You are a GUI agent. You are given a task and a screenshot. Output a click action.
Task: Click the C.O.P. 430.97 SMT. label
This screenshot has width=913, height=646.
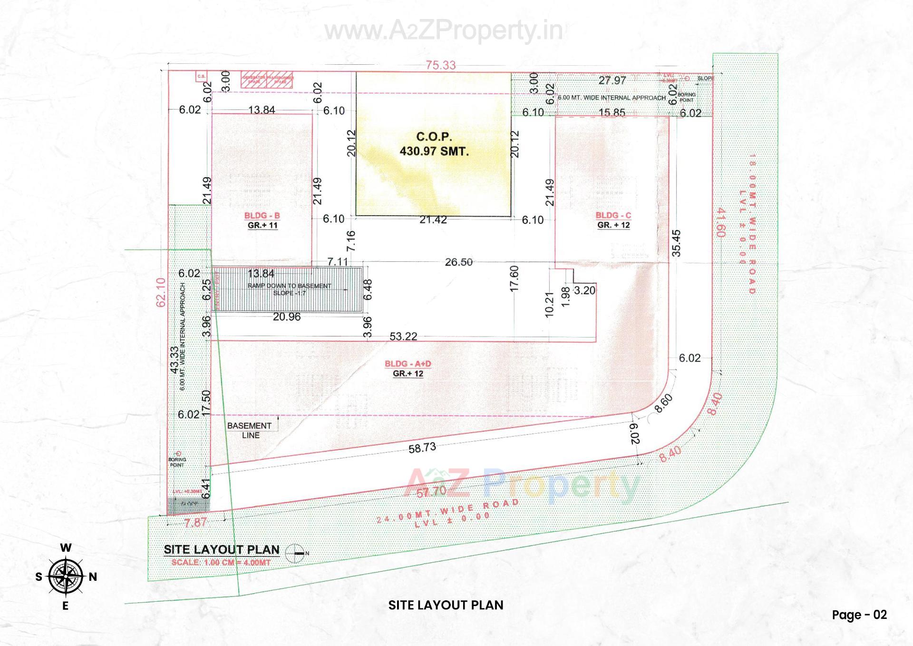(x=434, y=144)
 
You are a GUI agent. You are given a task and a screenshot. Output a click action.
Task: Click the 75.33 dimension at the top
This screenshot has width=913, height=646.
(x=440, y=65)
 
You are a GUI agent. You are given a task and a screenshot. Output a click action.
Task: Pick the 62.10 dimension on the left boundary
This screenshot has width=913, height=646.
(x=161, y=292)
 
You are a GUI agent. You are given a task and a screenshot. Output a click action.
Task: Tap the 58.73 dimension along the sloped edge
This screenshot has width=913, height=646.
(x=422, y=448)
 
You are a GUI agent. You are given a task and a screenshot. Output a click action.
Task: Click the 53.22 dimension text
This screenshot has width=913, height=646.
(x=403, y=337)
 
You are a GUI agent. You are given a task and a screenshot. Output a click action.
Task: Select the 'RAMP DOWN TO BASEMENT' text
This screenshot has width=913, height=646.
(x=289, y=286)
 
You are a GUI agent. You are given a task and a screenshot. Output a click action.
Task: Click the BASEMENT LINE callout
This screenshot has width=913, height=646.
(x=249, y=430)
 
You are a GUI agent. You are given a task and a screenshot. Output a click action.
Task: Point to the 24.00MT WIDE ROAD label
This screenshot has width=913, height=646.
(x=447, y=512)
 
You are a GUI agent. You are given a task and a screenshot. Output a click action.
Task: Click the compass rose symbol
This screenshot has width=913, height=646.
(x=66, y=576)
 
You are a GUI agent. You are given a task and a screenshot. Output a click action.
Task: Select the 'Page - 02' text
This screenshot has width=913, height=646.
(x=859, y=615)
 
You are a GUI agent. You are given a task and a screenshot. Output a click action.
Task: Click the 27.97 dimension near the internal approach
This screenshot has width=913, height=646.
(x=612, y=80)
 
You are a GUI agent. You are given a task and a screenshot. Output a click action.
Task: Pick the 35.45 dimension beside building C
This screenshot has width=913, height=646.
(x=677, y=243)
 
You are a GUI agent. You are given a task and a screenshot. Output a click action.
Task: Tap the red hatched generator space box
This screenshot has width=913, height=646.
(x=253, y=80)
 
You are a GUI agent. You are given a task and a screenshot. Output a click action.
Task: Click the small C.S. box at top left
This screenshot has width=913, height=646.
(x=202, y=76)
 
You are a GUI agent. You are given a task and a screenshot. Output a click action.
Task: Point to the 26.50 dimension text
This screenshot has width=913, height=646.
(x=458, y=262)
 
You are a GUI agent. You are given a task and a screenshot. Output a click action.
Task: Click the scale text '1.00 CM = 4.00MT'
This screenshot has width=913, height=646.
(x=221, y=562)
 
